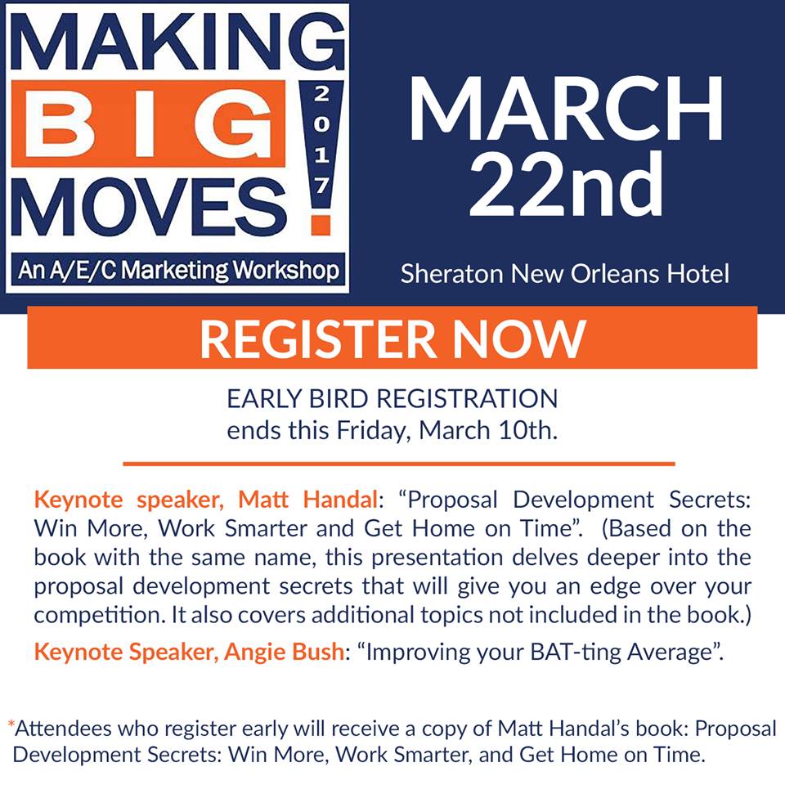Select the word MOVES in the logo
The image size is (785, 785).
coord(149,206)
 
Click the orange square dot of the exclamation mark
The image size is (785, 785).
coord(321,226)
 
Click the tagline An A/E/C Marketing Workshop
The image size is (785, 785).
coord(178,270)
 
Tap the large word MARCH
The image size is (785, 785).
coord(566,108)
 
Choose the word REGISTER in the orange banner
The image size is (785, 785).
coord(319,339)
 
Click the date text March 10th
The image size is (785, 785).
coord(487,431)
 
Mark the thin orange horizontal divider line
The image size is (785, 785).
coord(399,464)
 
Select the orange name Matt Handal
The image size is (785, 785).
coord(307,500)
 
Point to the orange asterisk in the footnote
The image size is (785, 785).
coord(11,724)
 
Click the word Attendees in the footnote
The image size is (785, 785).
coord(63,729)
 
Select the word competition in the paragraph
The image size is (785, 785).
coord(99,616)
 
